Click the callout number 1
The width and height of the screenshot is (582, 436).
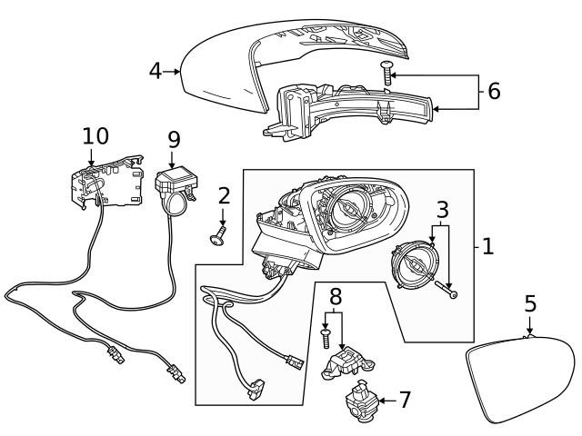[x=487, y=245]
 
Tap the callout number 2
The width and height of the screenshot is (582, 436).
[x=224, y=194]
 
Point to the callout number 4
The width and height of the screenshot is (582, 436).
[x=156, y=70]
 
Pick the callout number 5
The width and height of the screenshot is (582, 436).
[x=530, y=303]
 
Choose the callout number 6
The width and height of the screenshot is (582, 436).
[x=494, y=91]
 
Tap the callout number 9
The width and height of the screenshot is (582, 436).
[x=173, y=139]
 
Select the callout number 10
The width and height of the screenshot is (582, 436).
[x=95, y=136]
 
